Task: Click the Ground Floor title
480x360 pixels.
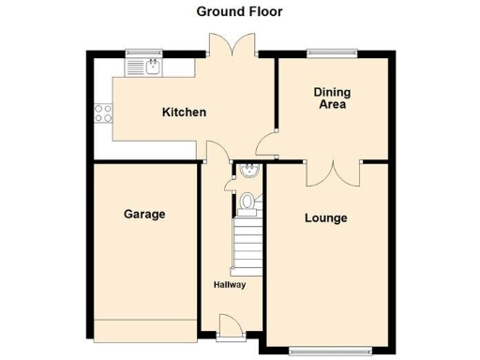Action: (x=239, y=12)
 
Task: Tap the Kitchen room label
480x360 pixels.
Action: (x=184, y=112)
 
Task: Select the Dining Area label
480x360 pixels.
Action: (x=331, y=98)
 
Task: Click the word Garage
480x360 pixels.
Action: (x=144, y=214)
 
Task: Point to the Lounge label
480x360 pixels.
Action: (x=325, y=218)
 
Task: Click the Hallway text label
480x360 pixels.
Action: (x=229, y=285)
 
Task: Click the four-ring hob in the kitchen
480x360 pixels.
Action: (x=103, y=115)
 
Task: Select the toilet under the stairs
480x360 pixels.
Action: (x=247, y=201)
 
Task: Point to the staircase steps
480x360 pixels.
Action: (x=248, y=246)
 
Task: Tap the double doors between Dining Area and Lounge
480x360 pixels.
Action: (x=333, y=172)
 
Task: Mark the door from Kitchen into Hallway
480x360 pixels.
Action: (x=216, y=155)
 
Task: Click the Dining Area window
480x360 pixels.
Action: (x=332, y=51)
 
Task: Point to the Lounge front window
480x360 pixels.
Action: (x=324, y=352)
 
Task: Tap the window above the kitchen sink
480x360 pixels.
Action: (x=146, y=51)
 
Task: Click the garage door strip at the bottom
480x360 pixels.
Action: (x=144, y=330)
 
